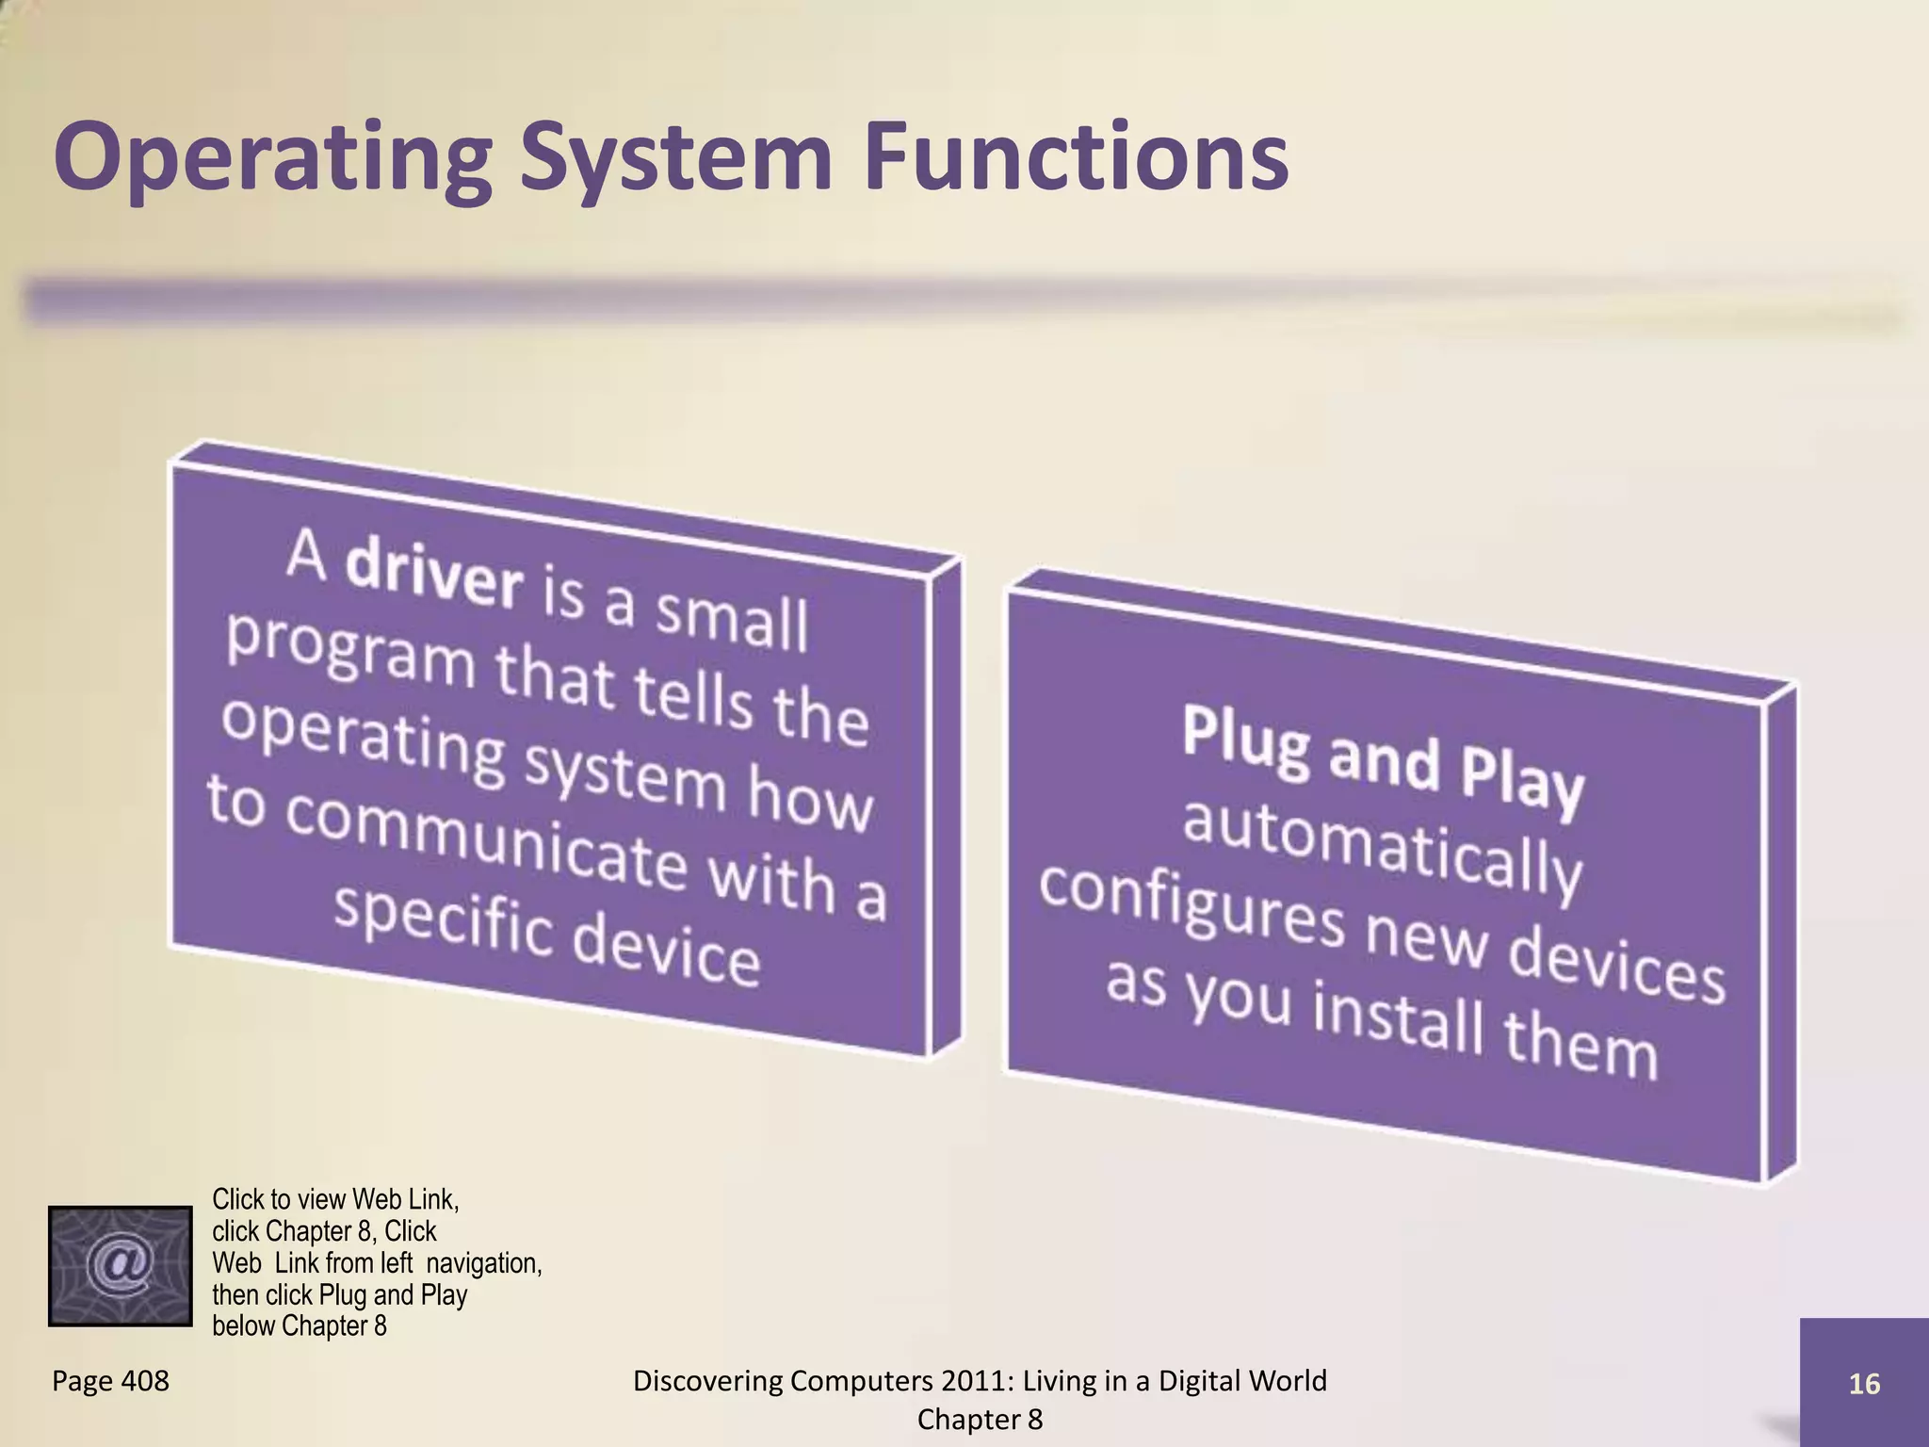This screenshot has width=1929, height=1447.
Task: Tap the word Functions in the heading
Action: click(1076, 155)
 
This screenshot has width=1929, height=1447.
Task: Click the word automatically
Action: click(1382, 848)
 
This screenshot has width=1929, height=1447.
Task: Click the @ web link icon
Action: click(120, 1265)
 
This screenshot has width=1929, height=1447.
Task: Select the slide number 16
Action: click(1864, 1384)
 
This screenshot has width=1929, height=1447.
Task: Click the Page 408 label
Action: click(110, 1381)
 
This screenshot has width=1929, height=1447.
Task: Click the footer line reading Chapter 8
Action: click(980, 1420)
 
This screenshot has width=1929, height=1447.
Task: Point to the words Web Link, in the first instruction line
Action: click(405, 1199)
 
